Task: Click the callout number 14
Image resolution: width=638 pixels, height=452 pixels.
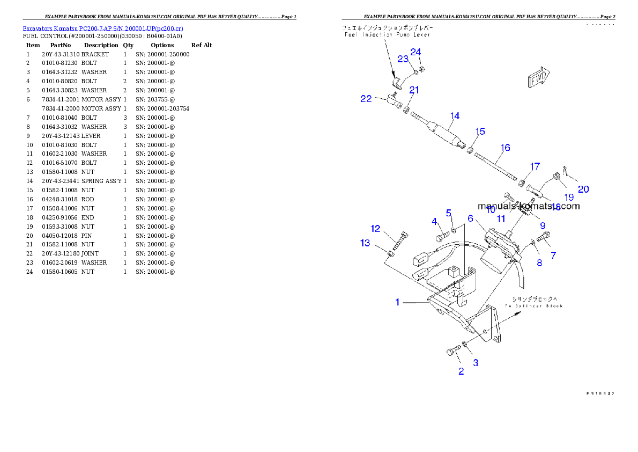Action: click(455, 116)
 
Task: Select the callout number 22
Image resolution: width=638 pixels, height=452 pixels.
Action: click(366, 99)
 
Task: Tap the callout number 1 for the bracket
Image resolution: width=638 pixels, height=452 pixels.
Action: click(397, 302)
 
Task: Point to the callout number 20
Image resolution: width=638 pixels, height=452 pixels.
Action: click(583, 189)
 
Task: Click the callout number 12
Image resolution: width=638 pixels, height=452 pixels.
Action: click(375, 229)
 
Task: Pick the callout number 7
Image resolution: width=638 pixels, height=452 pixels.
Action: click(553, 256)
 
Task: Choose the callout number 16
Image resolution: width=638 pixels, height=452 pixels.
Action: click(505, 148)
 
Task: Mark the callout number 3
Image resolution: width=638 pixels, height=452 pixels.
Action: click(475, 363)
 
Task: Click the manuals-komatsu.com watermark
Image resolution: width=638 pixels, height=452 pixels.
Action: click(528, 206)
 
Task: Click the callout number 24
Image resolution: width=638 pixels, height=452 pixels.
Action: click(416, 52)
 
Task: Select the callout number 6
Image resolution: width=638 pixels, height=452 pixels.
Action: click(470, 218)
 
